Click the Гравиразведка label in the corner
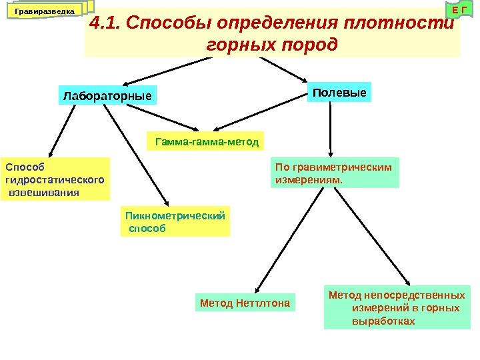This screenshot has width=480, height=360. click(x=45, y=11)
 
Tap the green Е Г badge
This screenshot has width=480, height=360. click(x=457, y=11)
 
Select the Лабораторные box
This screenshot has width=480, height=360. click(x=107, y=95)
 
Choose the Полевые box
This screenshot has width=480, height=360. click(x=339, y=92)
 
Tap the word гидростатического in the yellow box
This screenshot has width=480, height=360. click(x=55, y=179)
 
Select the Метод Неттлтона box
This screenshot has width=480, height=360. click(x=245, y=303)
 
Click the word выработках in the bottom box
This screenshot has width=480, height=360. click(x=383, y=321)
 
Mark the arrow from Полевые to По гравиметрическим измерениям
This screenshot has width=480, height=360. click(x=331, y=130)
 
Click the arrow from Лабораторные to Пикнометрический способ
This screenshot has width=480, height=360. click(x=137, y=153)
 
